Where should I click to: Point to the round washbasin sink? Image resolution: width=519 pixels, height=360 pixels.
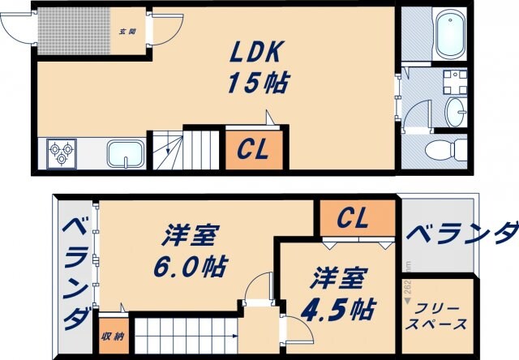click(x=457, y=112)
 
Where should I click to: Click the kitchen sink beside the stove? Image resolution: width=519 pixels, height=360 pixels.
click(x=126, y=153)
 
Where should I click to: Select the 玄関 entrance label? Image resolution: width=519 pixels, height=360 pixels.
click(x=127, y=33)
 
